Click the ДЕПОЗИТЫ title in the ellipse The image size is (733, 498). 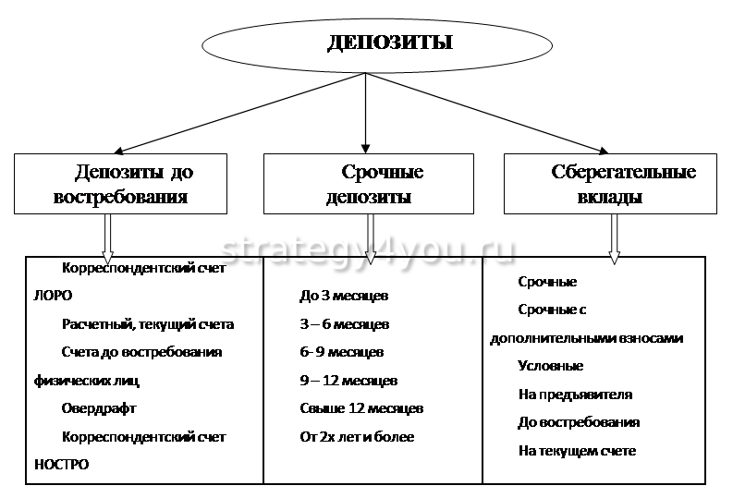388,43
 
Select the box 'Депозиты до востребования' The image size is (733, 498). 121,184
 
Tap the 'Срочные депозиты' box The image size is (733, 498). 370,184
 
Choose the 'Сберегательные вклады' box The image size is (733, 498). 609,184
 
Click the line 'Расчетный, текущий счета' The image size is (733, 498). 148,324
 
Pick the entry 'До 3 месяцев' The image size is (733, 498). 344,296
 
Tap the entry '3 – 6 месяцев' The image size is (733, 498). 344,324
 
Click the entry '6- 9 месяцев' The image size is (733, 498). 341,352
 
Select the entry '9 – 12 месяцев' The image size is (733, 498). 348,380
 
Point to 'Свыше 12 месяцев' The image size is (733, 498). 361,407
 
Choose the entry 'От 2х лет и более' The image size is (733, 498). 357,436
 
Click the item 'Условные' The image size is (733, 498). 551,366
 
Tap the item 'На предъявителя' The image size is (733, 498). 575,394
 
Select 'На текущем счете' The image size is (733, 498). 577,451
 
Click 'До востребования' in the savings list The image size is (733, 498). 579,422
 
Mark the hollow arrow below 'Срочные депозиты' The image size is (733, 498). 370,237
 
